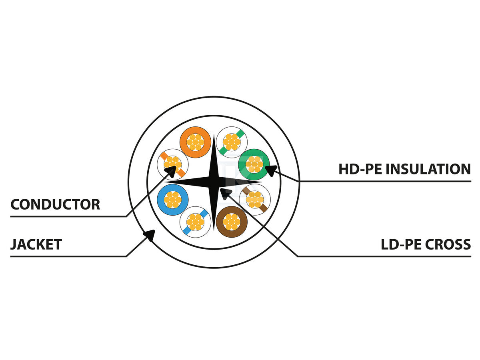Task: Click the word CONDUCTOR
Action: pyautogui.click(x=55, y=204)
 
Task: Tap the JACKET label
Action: pyautogui.click(x=36, y=244)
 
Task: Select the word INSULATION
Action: pyautogui.click(x=428, y=169)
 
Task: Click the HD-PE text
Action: pyautogui.click(x=361, y=169)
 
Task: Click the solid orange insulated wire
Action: pyautogui.click(x=195, y=142)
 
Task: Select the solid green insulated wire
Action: pyautogui.click(x=254, y=164)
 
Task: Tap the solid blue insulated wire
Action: pyautogui.click(x=173, y=200)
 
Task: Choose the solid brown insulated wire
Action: pyautogui.click(x=232, y=222)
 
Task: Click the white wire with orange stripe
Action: pyautogui.click(x=173, y=164)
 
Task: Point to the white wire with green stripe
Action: pyautogui.click(x=232, y=142)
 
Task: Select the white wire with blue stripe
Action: pyautogui.click(x=195, y=222)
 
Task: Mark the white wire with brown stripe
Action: pyautogui.click(x=254, y=200)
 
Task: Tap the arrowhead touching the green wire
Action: pyautogui.click(x=271, y=170)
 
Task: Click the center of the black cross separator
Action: pyautogui.click(x=214, y=182)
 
